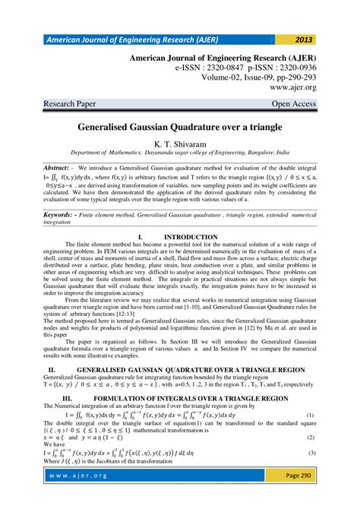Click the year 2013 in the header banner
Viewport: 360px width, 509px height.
coord(302,40)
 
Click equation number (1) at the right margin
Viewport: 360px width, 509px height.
coord(310,416)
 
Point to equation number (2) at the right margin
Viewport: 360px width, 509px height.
coord(310,438)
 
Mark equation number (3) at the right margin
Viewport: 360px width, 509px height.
coord(310,453)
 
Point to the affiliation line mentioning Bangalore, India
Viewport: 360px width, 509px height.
coord(180,153)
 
